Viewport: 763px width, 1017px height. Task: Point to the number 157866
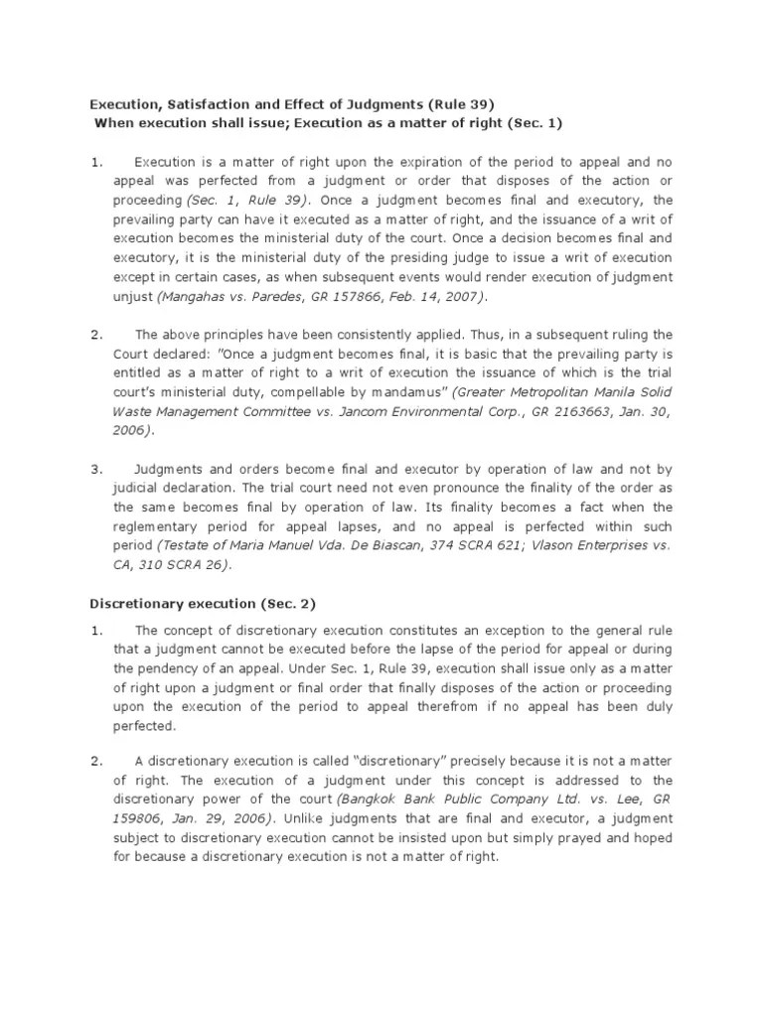[369, 296]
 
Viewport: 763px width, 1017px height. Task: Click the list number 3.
[96, 469]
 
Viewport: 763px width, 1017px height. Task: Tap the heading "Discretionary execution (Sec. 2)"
[203, 604]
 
